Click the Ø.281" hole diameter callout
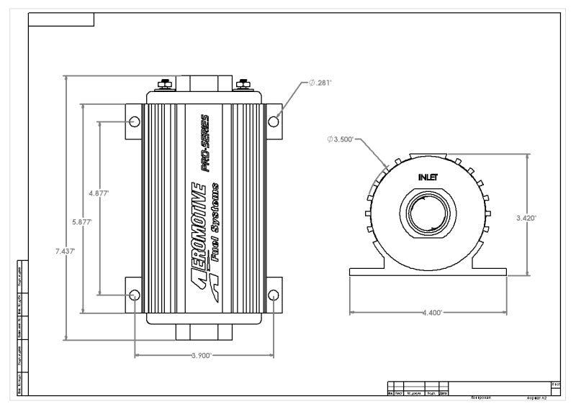(322, 83)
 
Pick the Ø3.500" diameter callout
(341, 139)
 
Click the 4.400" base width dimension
(431, 313)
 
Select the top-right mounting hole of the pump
(274, 121)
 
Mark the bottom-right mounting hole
(274, 295)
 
